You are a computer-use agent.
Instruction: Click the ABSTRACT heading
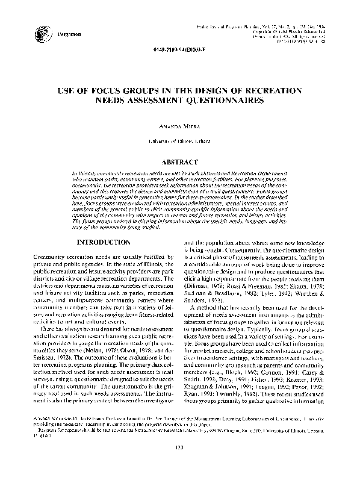click(179, 163)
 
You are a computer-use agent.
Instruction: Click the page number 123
click(179, 463)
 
